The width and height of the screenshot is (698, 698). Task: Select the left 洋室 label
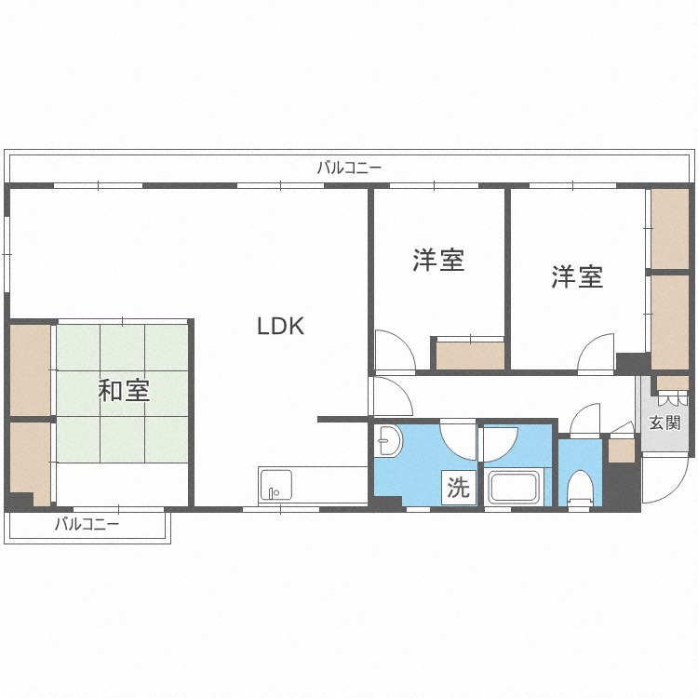(x=438, y=261)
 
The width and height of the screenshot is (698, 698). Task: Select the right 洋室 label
(x=577, y=276)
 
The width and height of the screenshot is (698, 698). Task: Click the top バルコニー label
(x=349, y=168)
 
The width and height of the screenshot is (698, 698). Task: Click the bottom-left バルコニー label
(x=87, y=524)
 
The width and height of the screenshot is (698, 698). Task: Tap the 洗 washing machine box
(x=458, y=488)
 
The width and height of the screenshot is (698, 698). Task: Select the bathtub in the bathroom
(x=515, y=488)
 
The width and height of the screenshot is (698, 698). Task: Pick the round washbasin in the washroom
(x=388, y=440)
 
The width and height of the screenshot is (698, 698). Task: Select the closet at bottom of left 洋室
(x=470, y=356)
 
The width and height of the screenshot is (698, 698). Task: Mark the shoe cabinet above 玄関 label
(x=671, y=383)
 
